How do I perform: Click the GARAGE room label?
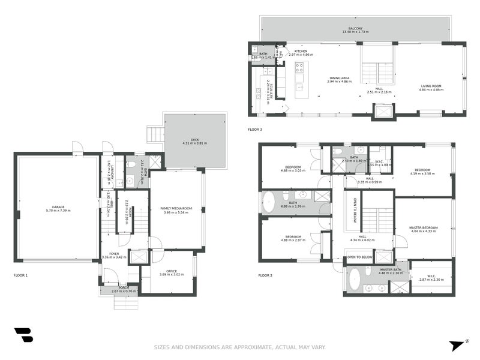pyautogui.click(x=58, y=207)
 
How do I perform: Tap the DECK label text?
pyautogui.click(x=194, y=140)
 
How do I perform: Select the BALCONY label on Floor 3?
pyautogui.click(x=355, y=28)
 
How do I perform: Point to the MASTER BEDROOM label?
pyautogui.click(x=423, y=227)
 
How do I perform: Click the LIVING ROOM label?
pyautogui.click(x=431, y=86)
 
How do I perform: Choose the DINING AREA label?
pyautogui.click(x=339, y=77)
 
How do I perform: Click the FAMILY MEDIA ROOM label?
pyautogui.click(x=175, y=208)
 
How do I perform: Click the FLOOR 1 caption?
pyautogui.click(x=21, y=275)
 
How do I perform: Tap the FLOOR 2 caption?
pyautogui.click(x=265, y=275)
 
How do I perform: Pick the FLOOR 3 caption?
pyautogui.click(x=255, y=130)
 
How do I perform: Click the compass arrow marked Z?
pyautogui.click(x=457, y=346)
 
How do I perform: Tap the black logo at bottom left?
pyautogui.click(x=23, y=335)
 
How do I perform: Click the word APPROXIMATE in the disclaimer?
pyautogui.click(x=250, y=347)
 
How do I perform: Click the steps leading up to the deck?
pyautogui.click(x=155, y=133)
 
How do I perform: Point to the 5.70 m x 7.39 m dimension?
pyautogui.click(x=58, y=211)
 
